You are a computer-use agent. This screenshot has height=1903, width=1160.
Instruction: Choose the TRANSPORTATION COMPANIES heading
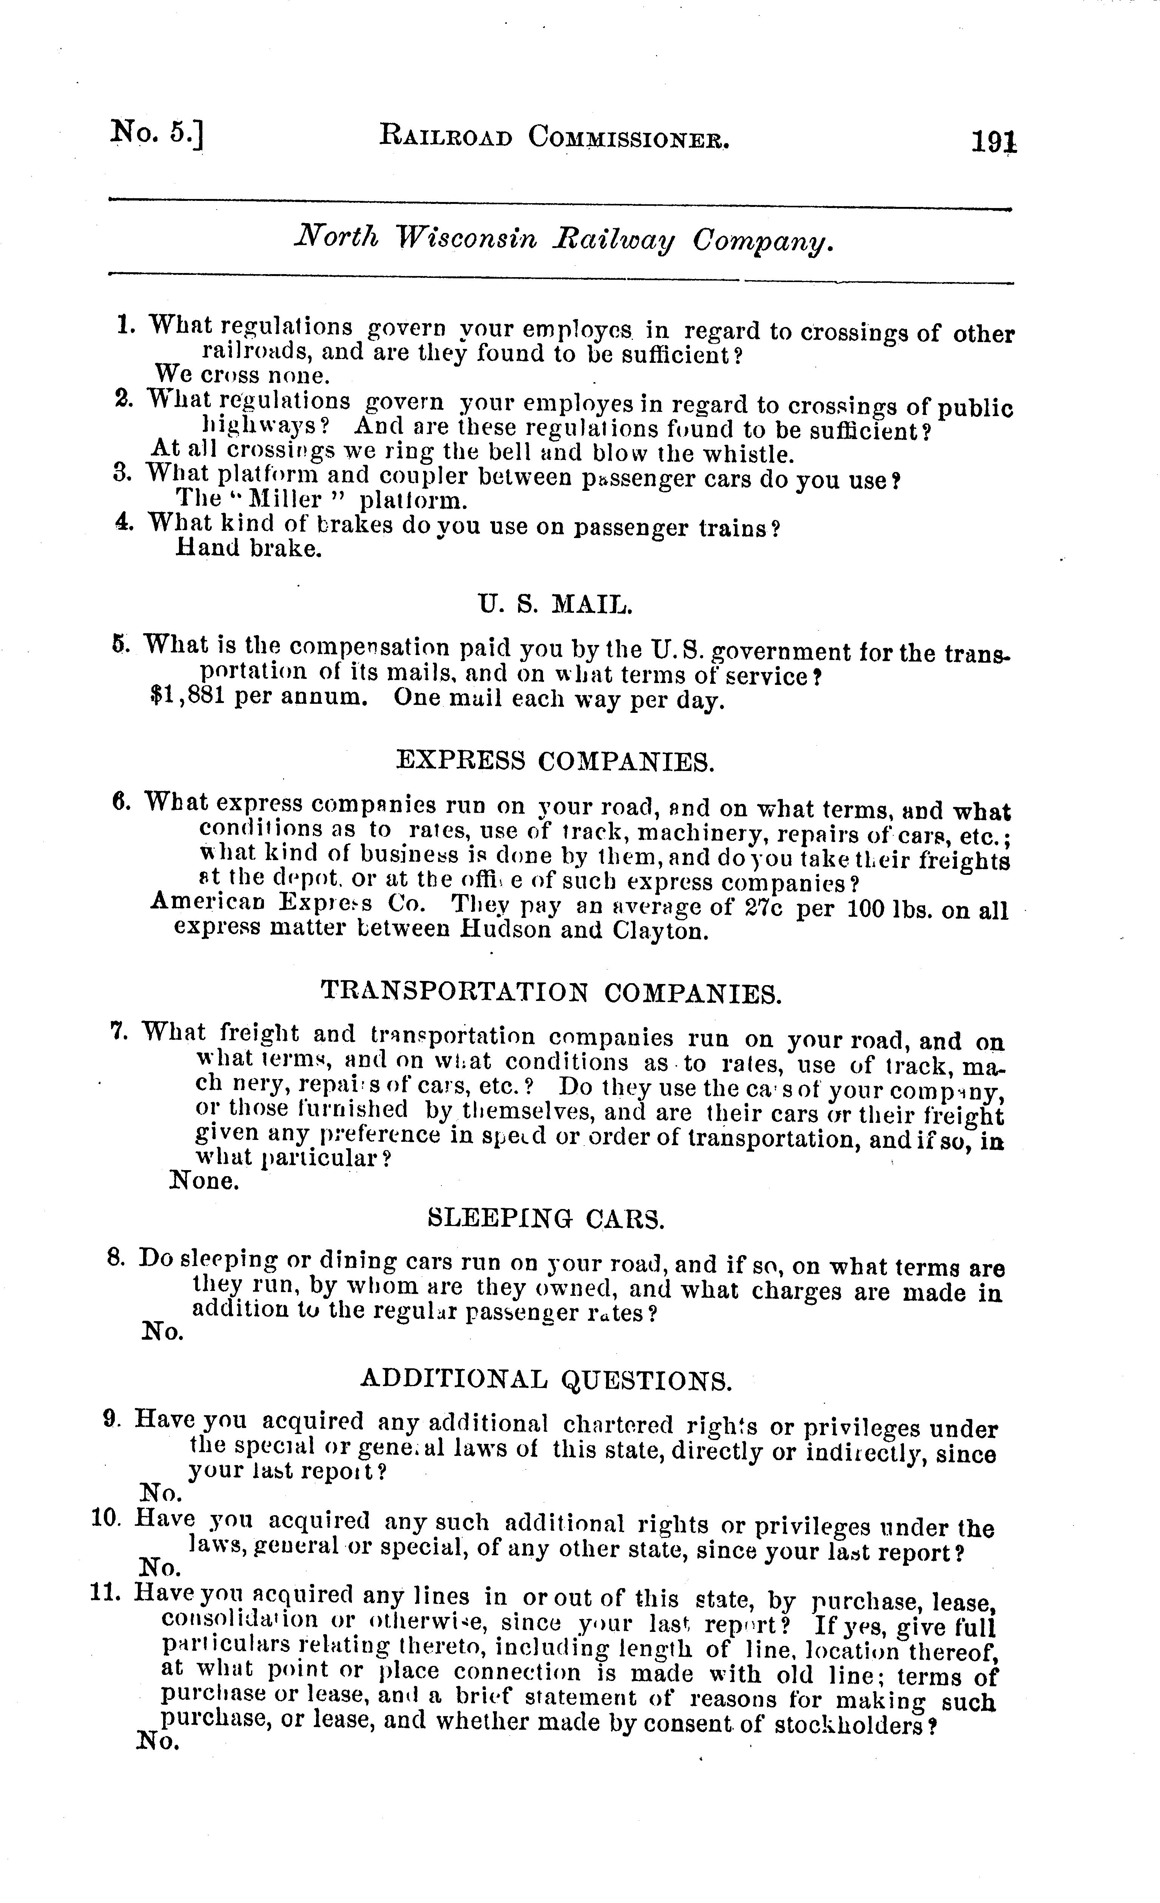coord(551,992)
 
